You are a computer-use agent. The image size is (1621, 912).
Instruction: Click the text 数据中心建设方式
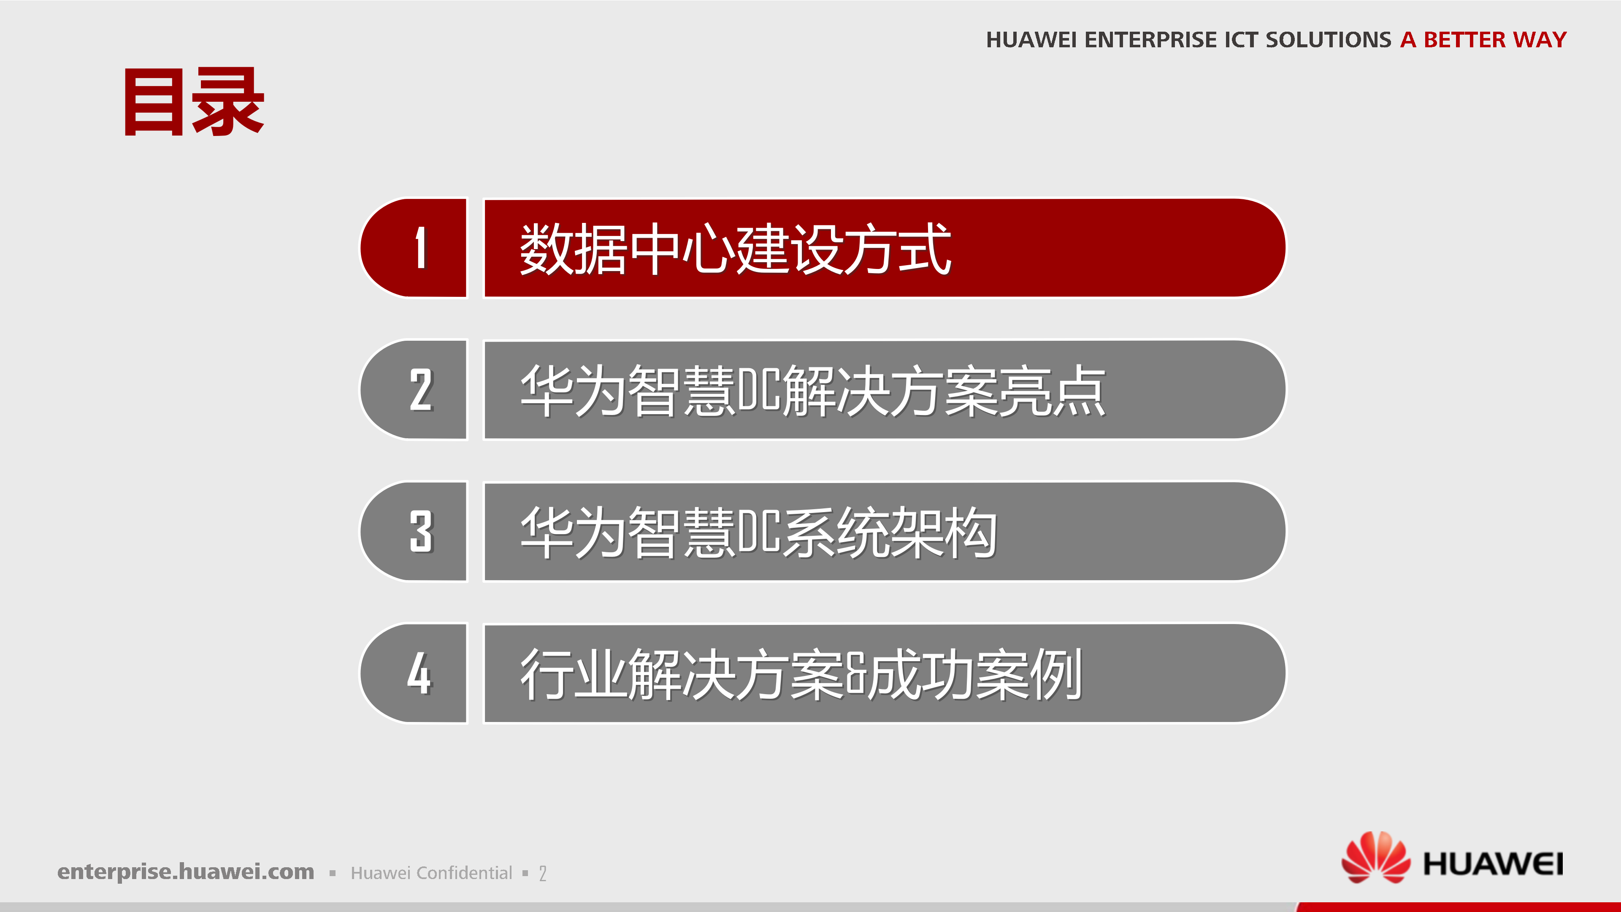point(735,249)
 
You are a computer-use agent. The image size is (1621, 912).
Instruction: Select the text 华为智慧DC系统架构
point(758,532)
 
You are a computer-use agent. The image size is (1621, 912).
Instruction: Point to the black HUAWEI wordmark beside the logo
point(1493,863)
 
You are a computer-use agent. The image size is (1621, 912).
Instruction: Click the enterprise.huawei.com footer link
point(186,872)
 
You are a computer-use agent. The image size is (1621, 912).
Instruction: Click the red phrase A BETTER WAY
point(1483,40)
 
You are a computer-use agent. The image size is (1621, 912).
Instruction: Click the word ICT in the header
point(1242,40)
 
